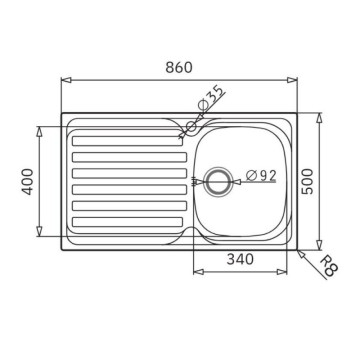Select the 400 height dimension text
(29, 180)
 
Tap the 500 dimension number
(333, 180)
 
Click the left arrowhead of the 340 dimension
(195, 272)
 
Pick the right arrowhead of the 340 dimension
(289, 272)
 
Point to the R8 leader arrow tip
(301, 246)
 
